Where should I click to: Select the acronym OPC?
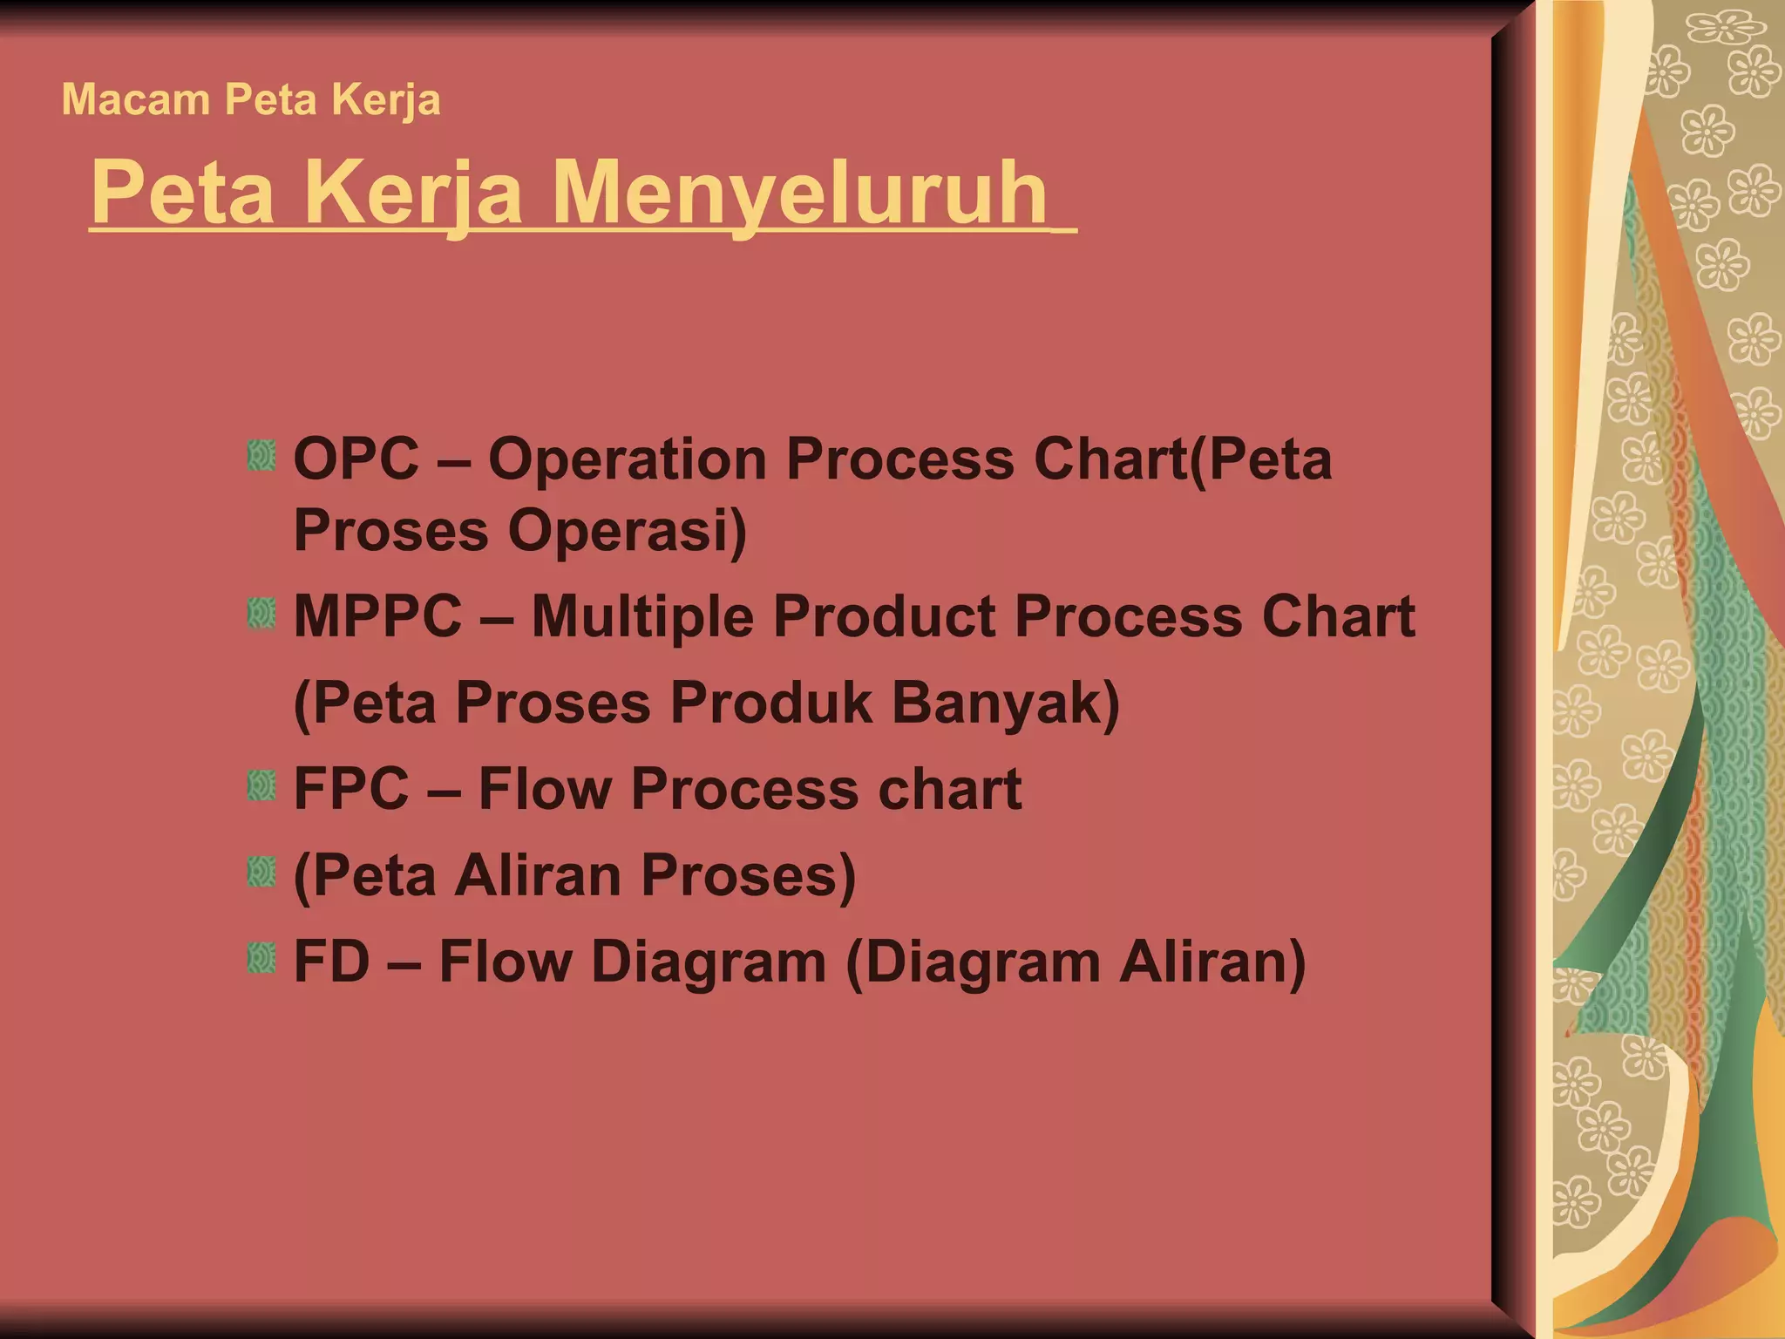click(x=356, y=459)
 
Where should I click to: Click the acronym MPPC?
click(x=377, y=616)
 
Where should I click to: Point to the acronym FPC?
click(x=351, y=789)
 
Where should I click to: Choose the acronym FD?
click(x=331, y=962)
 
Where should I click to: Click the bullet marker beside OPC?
click(x=261, y=456)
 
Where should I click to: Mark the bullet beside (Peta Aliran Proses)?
click(x=261, y=873)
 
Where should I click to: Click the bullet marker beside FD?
click(x=261, y=959)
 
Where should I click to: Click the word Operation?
click(x=627, y=459)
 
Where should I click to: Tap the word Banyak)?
click(x=1006, y=703)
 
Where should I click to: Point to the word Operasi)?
click(x=628, y=530)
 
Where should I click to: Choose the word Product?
click(x=883, y=616)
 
